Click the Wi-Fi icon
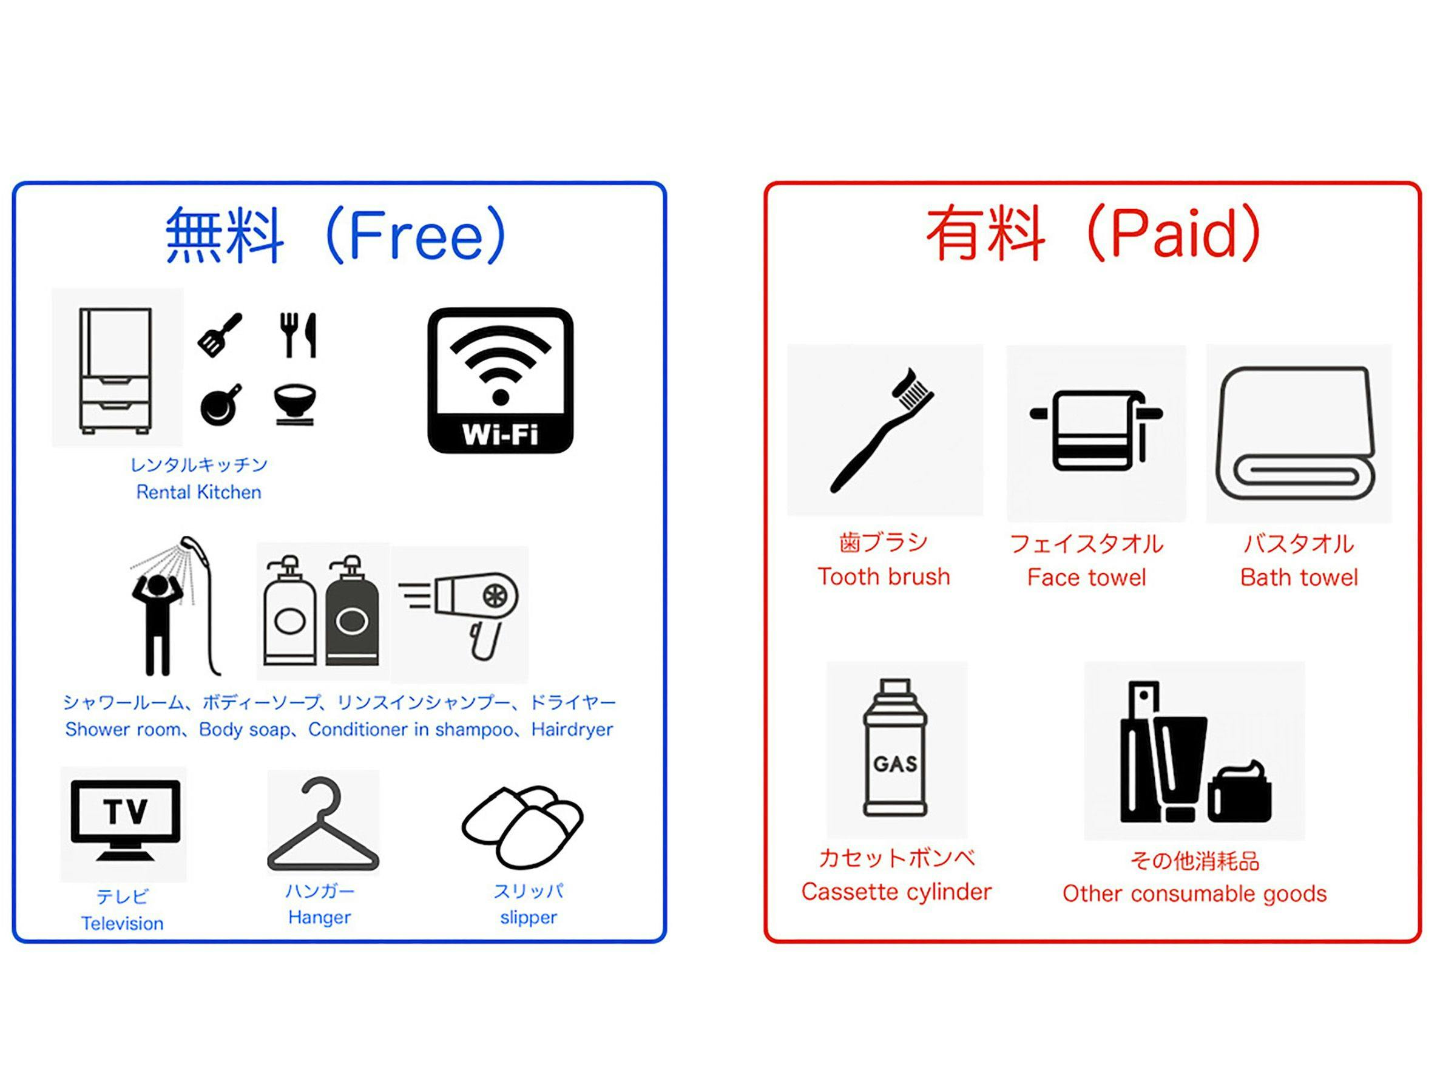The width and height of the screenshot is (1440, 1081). pyautogui.click(x=500, y=381)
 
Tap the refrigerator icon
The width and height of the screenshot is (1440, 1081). pyautogui.click(x=116, y=370)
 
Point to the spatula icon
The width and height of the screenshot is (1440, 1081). pyautogui.click(x=220, y=334)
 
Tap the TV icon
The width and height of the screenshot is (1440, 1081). pyautogui.click(x=126, y=820)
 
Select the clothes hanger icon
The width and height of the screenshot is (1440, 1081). pyautogui.click(x=323, y=823)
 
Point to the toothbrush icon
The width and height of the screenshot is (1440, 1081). pyautogui.click(x=882, y=430)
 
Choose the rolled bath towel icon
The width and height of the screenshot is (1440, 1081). pyautogui.click(x=1296, y=433)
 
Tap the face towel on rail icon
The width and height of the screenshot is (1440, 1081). pyautogui.click(x=1097, y=430)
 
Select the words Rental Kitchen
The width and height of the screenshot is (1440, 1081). pyautogui.click(x=198, y=492)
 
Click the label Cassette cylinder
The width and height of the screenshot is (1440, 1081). pyautogui.click(x=896, y=892)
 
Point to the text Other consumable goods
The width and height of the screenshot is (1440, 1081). pyautogui.click(x=1195, y=894)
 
